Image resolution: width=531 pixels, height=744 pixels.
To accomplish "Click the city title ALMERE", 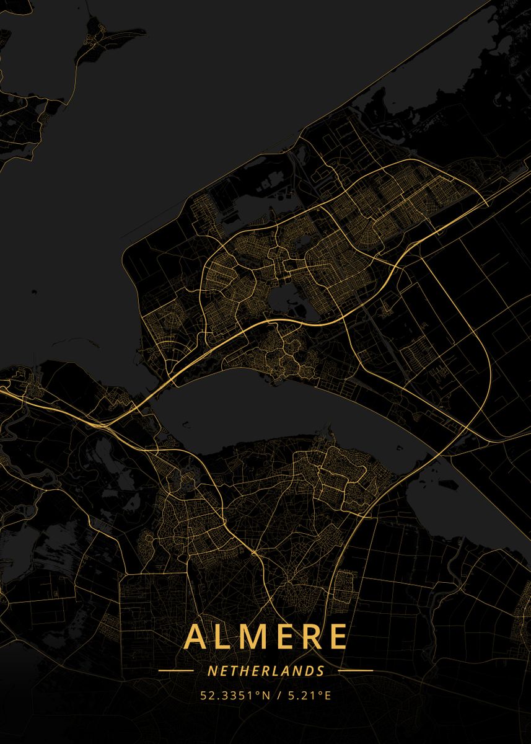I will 266,636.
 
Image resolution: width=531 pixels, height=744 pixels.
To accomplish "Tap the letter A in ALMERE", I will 195,637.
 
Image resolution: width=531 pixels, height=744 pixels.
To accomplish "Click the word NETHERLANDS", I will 266,671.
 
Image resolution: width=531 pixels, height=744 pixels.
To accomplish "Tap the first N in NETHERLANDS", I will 212,671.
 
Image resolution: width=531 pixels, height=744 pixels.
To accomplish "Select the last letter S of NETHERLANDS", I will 320,671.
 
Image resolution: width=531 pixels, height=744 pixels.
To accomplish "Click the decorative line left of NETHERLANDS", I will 176,671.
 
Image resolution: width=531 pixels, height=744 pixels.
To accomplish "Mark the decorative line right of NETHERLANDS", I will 356,671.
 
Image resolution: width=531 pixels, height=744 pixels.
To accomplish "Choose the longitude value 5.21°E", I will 308,696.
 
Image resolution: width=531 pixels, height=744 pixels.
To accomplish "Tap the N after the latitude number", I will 267,696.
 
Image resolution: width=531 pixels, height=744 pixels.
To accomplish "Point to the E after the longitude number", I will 328,696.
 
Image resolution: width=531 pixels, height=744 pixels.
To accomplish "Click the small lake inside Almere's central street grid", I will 283,302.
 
